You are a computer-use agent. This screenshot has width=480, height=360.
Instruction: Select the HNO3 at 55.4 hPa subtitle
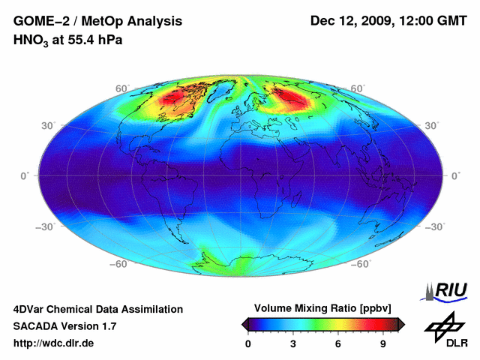[x=67, y=39]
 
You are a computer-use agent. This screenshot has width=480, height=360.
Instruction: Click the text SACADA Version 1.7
[x=64, y=326]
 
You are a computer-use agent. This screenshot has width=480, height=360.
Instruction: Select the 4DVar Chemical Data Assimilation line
[x=97, y=309]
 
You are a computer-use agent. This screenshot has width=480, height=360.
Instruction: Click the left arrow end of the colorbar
[x=245, y=324]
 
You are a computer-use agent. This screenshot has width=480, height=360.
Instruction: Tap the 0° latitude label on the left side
[x=24, y=175]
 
